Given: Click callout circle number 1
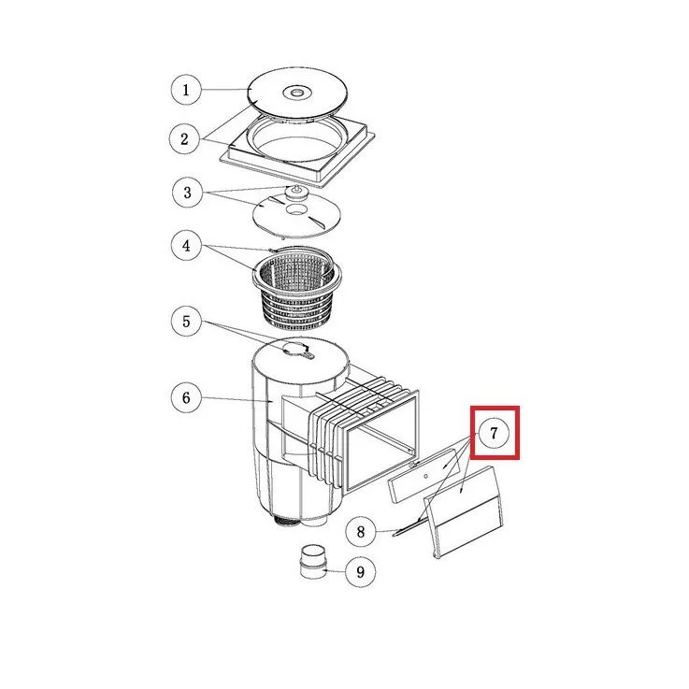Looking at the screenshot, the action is [186, 90].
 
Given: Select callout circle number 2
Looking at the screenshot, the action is [185, 139].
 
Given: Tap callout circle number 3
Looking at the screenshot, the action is [187, 193].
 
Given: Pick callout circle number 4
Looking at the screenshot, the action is [186, 245].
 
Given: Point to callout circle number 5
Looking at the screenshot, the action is [186, 322].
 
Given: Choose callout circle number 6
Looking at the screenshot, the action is [186, 397].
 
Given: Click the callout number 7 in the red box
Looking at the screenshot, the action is [494, 433].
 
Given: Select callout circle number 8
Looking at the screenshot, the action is [361, 532].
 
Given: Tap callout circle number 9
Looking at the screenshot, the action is [360, 572].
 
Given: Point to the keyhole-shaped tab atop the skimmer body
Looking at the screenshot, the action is [299, 350].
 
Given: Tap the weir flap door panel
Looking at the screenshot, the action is [465, 512].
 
